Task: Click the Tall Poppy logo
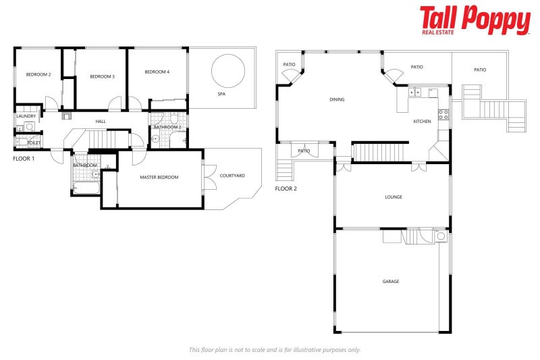475,20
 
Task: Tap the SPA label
221,95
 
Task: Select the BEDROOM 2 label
38,74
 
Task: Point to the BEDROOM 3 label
102,76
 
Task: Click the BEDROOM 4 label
157,72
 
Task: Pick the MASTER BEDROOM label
159,177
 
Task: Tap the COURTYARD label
232,176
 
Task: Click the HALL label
101,122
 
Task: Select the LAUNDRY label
26,116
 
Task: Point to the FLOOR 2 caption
286,188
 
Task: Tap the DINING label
337,99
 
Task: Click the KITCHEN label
422,122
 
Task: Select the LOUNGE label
394,197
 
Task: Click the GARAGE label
391,281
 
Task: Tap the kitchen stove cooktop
444,114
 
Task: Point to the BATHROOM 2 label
167,127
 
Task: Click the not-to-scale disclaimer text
275,349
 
